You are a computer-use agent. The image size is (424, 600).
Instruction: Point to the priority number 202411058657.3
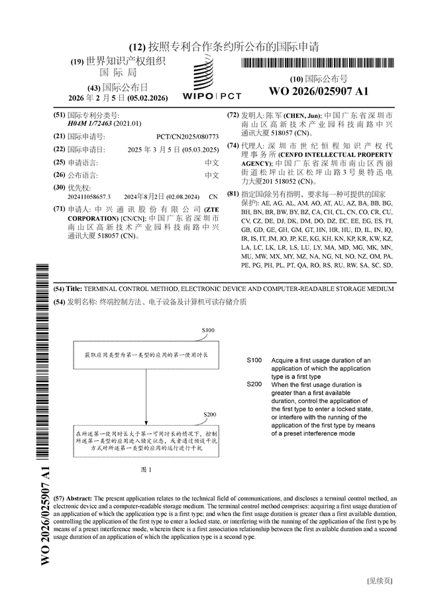tap(89, 197)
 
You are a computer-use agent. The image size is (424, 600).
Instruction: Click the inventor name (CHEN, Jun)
tap(303, 115)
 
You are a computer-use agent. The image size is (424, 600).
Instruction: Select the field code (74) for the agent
tap(233, 145)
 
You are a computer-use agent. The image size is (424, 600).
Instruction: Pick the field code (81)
tap(233, 194)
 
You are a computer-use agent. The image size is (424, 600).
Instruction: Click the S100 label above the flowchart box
tap(208, 330)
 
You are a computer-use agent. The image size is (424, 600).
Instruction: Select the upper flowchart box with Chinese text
tap(145, 355)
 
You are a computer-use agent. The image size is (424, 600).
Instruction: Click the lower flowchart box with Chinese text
tap(145, 442)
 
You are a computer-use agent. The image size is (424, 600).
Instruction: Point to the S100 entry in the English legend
tap(254, 360)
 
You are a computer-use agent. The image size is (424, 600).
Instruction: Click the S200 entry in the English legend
tap(254, 385)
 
